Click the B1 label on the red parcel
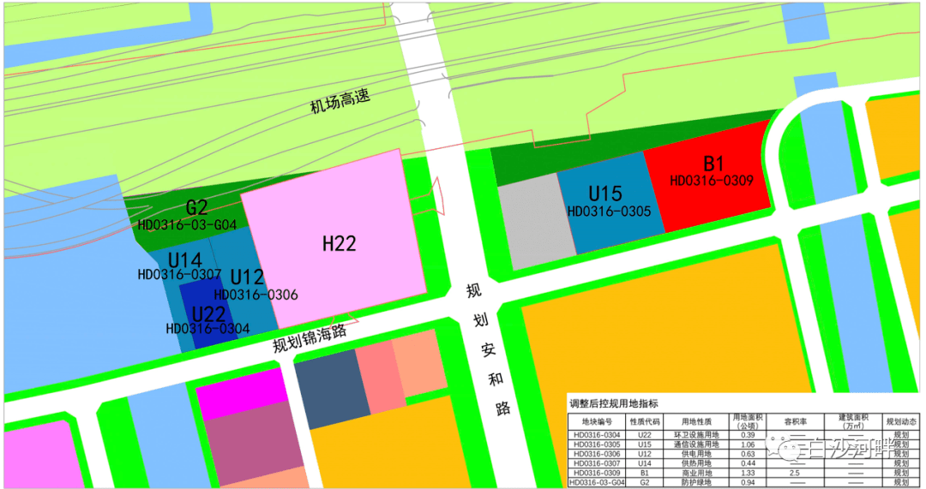tap(713, 164)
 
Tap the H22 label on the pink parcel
tap(339, 244)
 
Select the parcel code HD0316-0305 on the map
tap(609, 211)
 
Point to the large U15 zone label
tap(604, 194)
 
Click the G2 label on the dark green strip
tap(196, 208)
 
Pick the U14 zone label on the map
tap(184, 259)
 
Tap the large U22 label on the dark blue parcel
tap(208, 313)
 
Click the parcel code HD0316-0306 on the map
tap(256, 295)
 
